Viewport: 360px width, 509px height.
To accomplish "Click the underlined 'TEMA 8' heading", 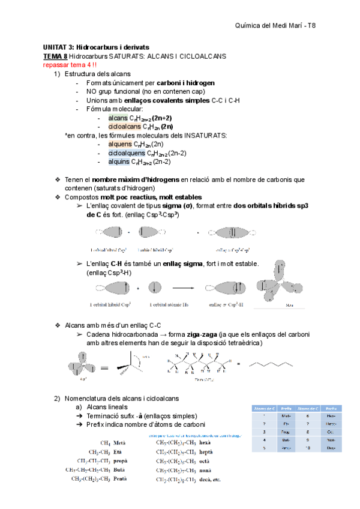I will (x=55, y=56).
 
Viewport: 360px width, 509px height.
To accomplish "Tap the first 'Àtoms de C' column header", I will (x=263, y=407).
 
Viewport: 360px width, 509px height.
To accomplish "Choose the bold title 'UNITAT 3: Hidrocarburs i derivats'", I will (x=96, y=47).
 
